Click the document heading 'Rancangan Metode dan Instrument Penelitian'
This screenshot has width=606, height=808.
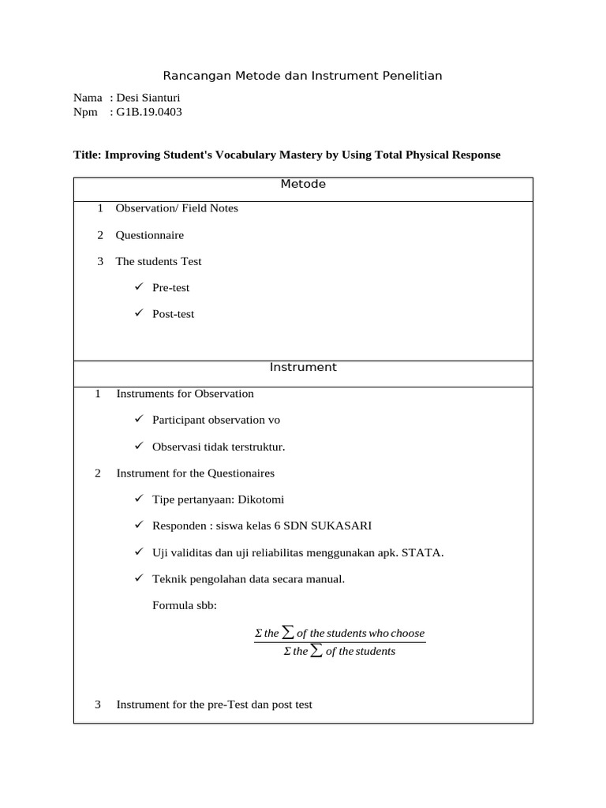point(302,76)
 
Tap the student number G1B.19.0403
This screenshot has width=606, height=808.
point(149,112)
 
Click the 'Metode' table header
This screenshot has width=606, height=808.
point(303,185)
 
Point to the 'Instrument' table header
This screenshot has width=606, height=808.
point(303,367)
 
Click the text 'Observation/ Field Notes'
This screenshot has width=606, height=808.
point(177,208)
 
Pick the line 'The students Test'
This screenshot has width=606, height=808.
point(159,261)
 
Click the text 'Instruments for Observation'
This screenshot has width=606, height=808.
point(185,393)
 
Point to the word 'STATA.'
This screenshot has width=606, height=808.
point(422,552)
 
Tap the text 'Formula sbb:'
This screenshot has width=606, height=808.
point(184,605)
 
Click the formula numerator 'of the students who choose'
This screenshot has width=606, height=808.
point(360,633)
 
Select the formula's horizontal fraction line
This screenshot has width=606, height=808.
point(339,642)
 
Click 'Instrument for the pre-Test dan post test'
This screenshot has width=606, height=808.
point(214,704)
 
